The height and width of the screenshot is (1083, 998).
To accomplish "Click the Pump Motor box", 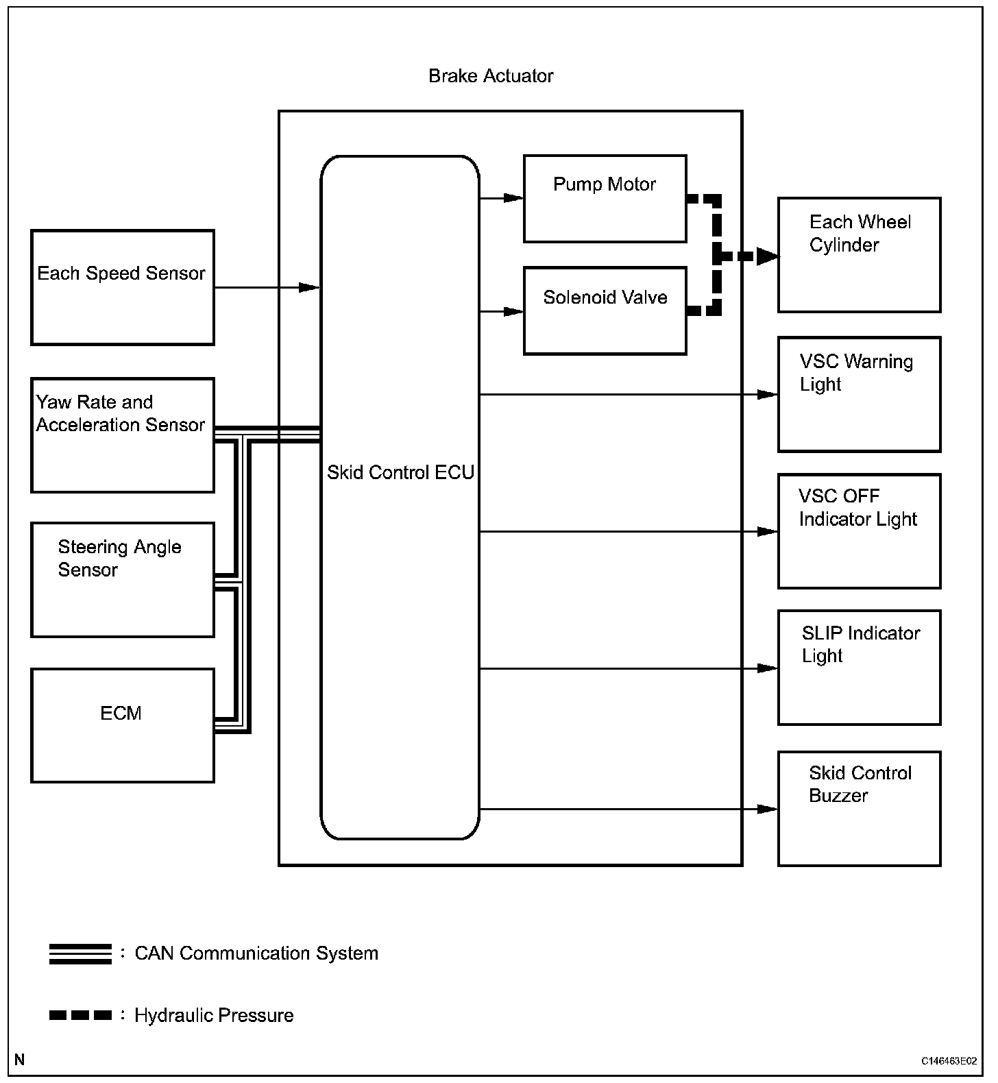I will (x=605, y=199).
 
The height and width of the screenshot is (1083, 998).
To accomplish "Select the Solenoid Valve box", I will (x=605, y=311).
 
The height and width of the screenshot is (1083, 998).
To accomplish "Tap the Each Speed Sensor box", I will (x=123, y=287).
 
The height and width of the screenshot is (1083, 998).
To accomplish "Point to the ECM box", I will (x=123, y=725).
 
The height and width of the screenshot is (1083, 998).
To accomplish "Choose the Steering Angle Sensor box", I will (x=123, y=580).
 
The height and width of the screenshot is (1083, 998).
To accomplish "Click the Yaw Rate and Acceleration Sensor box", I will (x=123, y=435).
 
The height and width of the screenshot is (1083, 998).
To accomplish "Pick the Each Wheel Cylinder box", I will (x=859, y=255).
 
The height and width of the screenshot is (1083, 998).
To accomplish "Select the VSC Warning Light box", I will (x=859, y=394).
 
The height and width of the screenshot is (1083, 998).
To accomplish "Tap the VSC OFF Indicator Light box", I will (x=859, y=531).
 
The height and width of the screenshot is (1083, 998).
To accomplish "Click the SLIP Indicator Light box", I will (x=859, y=667).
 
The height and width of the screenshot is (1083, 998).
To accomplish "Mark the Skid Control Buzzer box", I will (x=859, y=808).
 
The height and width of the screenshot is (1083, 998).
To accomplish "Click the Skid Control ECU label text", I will (x=400, y=472).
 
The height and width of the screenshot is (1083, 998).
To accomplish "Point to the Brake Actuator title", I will (x=491, y=76).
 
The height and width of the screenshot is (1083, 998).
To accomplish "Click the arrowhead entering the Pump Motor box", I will (x=514, y=198).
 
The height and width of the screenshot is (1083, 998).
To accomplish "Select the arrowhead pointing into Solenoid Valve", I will (x=514, y=311).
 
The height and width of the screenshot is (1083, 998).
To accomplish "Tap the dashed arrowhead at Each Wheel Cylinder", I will (x=768, y=257).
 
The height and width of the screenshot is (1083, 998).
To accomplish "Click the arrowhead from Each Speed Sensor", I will (x=310, y=287).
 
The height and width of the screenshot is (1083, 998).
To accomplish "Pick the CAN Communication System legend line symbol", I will (x=80, y=953).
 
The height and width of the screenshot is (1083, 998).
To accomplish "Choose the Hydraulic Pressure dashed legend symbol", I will (x=80, y=1015).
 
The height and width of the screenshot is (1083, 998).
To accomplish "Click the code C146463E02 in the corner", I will (x=949, y=1061).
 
